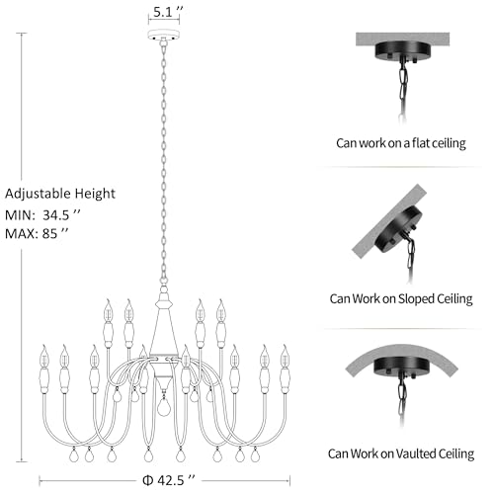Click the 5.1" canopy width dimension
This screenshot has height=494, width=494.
[x=168, y=12]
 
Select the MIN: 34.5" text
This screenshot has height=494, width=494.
[x=42, y=215]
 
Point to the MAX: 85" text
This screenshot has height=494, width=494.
[x=37, y=233]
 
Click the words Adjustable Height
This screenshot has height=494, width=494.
[x=60, y=194]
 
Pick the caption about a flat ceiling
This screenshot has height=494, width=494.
[x=401, y=143]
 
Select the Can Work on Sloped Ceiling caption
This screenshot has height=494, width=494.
[x=401, y=298]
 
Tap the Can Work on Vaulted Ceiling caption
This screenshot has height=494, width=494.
[x=401, y=453]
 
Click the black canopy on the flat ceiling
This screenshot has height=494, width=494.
[x=402, y=51]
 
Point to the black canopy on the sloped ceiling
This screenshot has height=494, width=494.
[x=398, y=229]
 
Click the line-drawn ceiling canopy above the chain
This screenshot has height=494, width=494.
[x=164, y=35]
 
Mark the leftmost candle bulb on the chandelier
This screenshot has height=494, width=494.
[x=44, y=357]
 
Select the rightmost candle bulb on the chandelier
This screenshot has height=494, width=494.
[x=285, y=357]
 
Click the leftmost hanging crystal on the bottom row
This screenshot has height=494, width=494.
[x=74, y=454]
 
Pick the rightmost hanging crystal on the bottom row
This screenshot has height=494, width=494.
[x=255, y=454]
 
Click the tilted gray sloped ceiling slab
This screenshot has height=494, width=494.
[x=388, y=221]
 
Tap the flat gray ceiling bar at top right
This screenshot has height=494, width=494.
[x=402, y=40]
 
